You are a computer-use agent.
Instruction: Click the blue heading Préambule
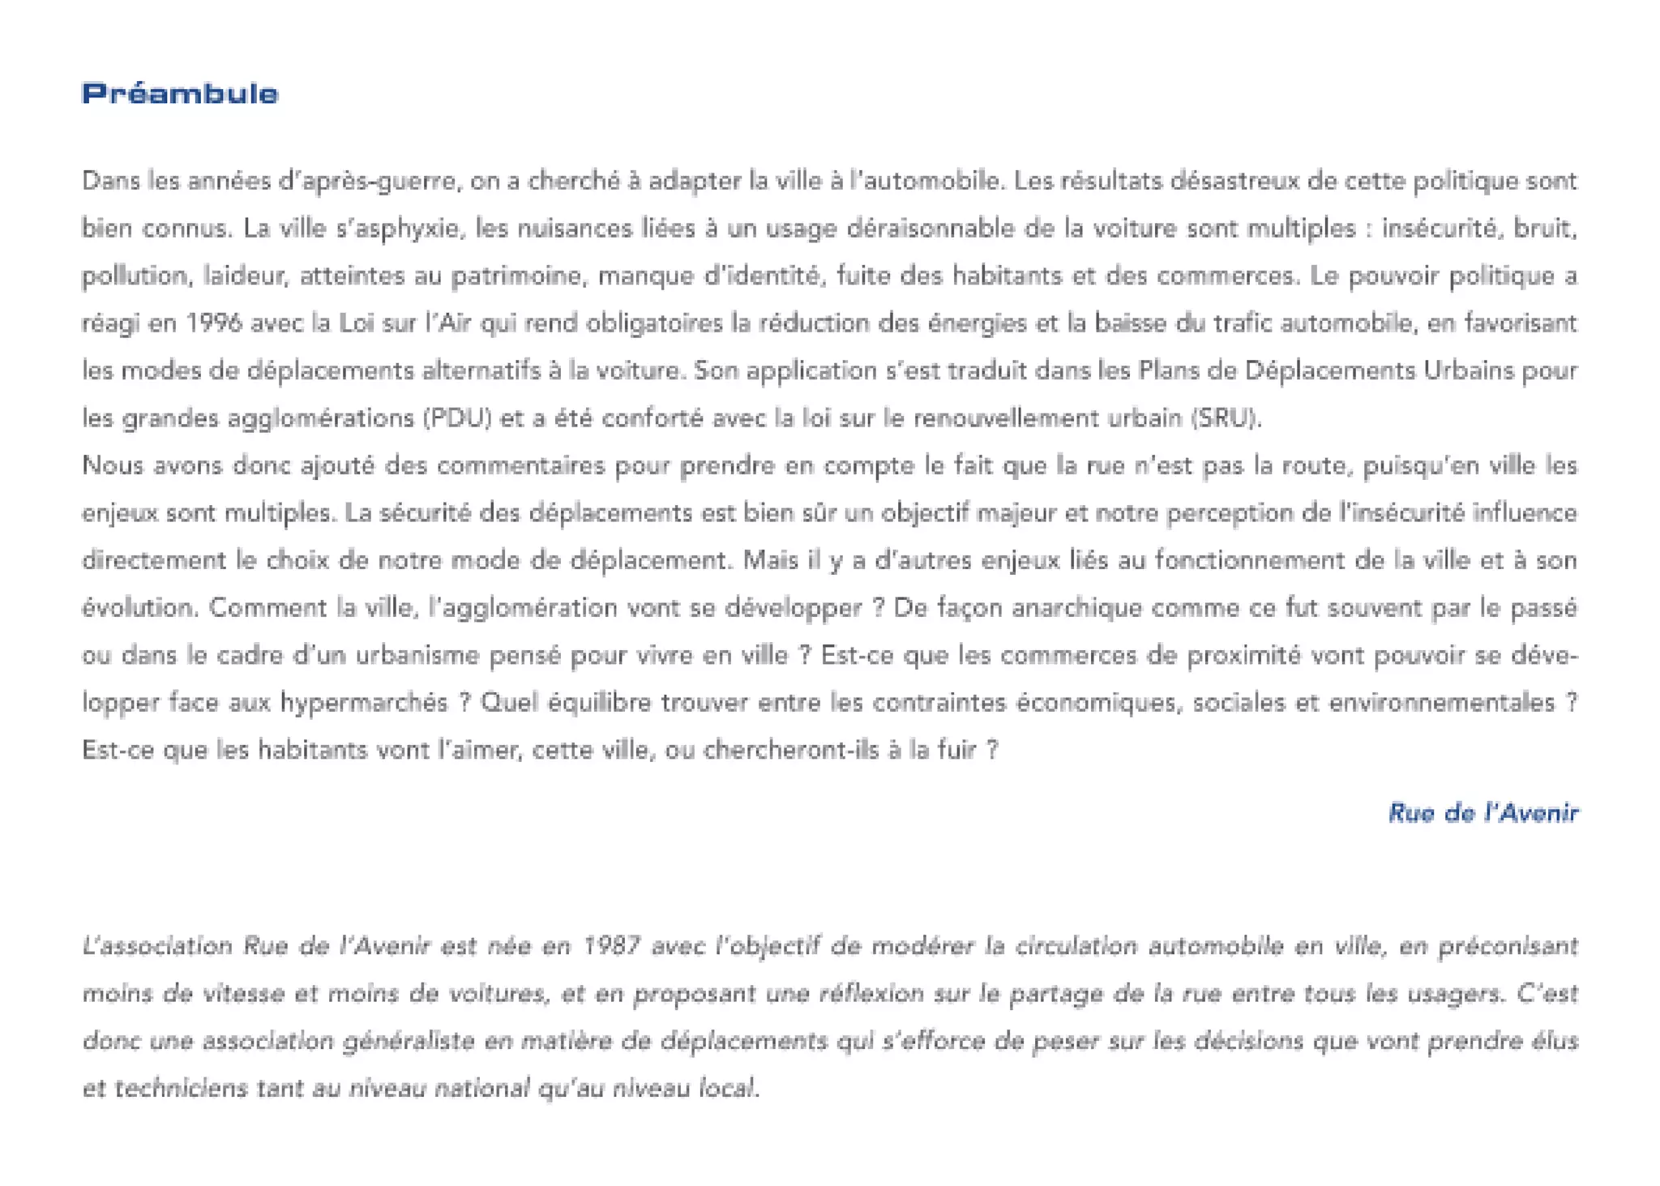click(179, 93)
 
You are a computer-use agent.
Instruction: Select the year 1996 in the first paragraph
click(214, 323)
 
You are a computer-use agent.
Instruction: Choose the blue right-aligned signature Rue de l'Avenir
click(1482, 812)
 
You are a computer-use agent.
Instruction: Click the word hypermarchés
click(364, 702)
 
